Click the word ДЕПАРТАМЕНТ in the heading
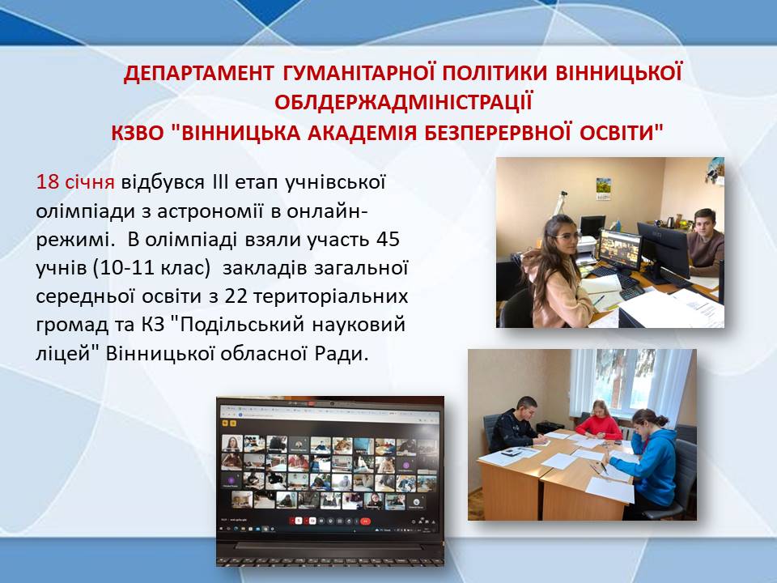(198, 73)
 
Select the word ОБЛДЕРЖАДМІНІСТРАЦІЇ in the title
(403, 102)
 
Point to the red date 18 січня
(75, 182)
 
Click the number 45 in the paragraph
(388, 239)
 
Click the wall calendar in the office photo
(603, 189)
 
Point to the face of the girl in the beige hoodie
(563, 236)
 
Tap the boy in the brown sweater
(704, 242)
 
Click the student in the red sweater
(599, 420)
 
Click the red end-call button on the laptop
(365, 521)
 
